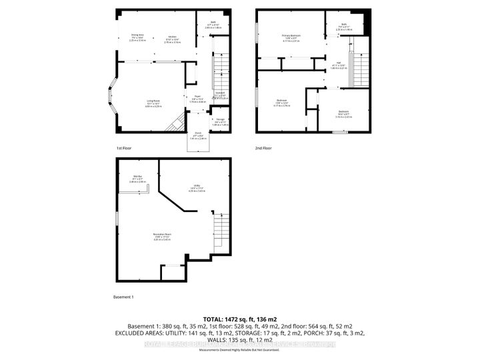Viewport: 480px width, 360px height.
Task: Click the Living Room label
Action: tap(153, 103)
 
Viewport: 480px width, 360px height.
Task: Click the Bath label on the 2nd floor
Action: tap(345, 27)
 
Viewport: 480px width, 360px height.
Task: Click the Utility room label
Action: tap(197, 189)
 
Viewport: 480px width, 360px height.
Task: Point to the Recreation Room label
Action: tap(157, 236)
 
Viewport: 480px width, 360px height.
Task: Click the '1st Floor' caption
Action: tap(124, 148)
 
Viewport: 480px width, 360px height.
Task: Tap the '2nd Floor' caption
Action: tap(263, 148)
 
